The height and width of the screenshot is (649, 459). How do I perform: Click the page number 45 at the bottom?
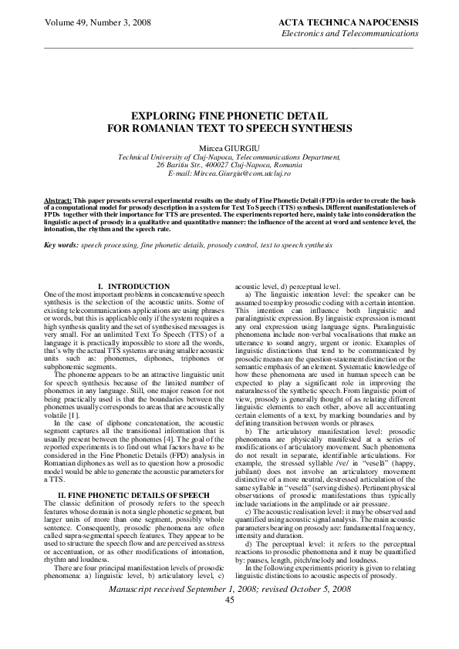pyautogui.click(x=229, y=621)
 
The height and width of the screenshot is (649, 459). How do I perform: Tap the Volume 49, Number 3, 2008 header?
pyautogui.click(x=87, y=24)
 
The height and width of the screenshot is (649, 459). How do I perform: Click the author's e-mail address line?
pyautogui.click(x=229, y=176)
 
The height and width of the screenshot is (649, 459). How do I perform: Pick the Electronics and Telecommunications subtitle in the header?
pyautogui.click(x=350, y=35)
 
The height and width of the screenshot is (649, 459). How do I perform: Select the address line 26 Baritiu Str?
pyautogui.click(x=228, y=165)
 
